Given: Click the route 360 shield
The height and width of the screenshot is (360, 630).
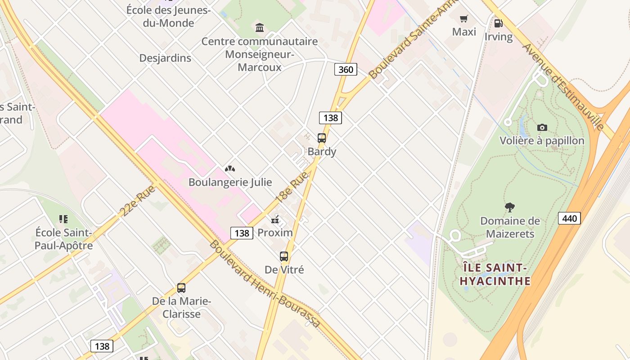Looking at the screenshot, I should (346, 69).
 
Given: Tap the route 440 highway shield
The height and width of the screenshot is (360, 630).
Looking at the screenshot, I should (569, 218).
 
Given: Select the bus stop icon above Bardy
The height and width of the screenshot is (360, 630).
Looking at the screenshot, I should (321, 138).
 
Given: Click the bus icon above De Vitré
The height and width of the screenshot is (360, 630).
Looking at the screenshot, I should (284, 256).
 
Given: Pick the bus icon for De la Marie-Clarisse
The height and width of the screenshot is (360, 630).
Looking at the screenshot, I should (181, 288).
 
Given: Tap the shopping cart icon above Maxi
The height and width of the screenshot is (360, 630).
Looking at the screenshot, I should (464, 19).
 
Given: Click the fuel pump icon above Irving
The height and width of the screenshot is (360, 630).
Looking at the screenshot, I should (498, 23).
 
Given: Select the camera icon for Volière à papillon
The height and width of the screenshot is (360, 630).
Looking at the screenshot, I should (542, 127).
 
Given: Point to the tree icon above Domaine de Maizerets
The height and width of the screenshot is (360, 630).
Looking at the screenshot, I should (509, 207).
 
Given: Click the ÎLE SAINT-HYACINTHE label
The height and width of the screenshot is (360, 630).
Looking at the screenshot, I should (495, 274).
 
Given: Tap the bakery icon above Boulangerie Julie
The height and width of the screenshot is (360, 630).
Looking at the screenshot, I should (230, 169).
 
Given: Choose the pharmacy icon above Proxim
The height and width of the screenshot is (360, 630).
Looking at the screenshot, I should (275, 220).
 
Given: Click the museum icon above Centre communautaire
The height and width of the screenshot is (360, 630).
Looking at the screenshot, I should (260, 28).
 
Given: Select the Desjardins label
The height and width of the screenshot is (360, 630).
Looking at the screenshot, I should (165, 58).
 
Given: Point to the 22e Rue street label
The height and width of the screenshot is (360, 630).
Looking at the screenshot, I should (138, 200).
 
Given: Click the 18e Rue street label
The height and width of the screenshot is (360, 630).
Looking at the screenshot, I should (292, 187).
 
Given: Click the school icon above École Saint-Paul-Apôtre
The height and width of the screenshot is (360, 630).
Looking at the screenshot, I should (63, 219).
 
